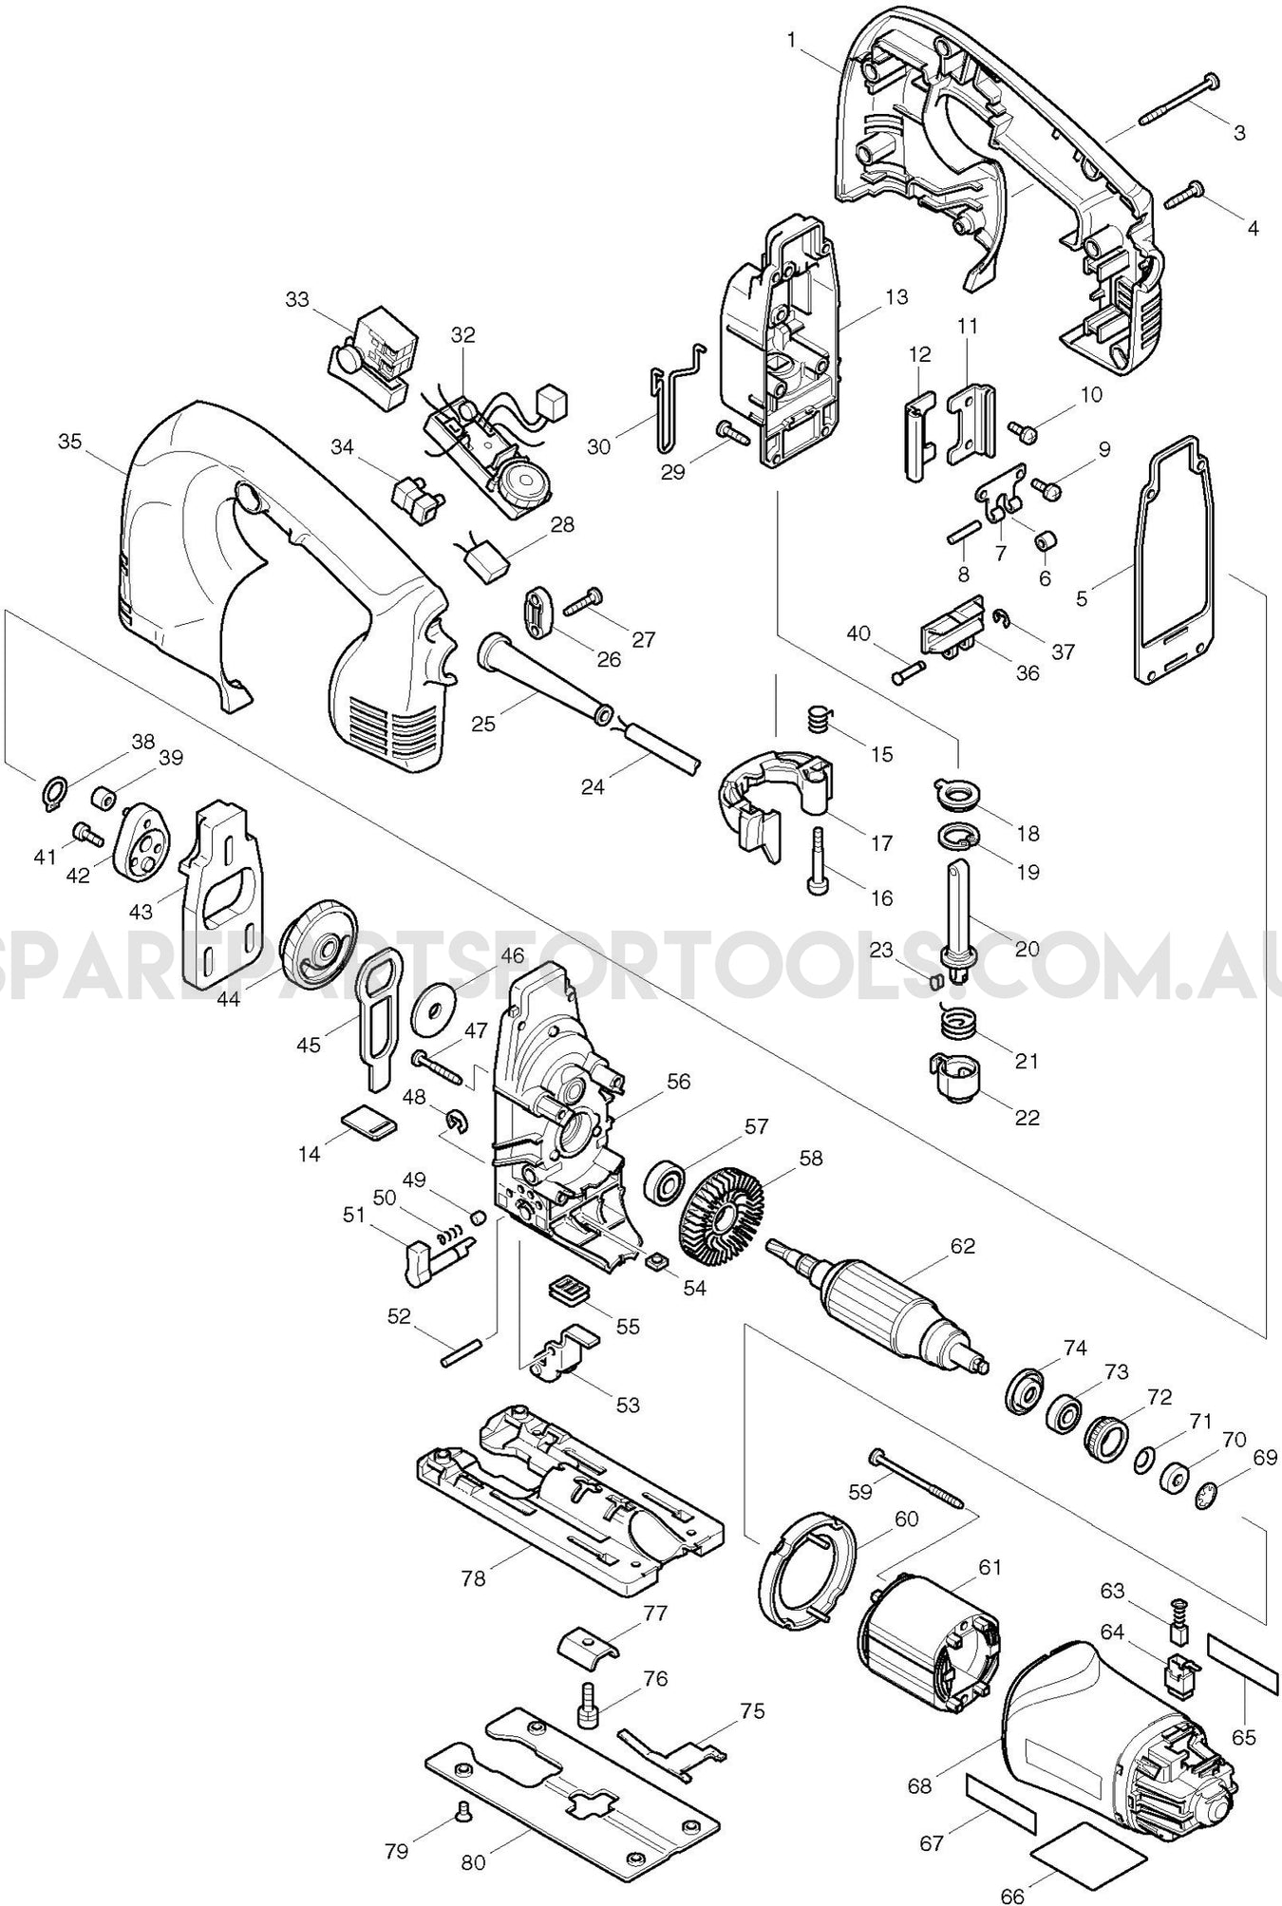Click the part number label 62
tap(963, 1246)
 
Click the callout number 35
tap(69, 442)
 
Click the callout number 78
tap(473, 1578)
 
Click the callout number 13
tap(896, 297)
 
